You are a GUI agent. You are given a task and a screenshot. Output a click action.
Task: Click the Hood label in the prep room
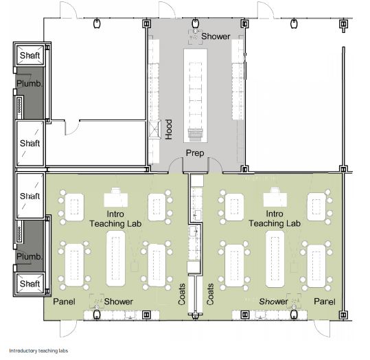pos(168,129)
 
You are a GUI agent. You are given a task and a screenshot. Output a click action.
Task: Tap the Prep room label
pos(195,153)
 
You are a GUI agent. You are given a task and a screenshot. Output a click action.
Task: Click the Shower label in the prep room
pos(216,36)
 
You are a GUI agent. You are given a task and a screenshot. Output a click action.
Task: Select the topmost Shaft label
pos(30,56)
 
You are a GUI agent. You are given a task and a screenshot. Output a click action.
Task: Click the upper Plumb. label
pos(30,83)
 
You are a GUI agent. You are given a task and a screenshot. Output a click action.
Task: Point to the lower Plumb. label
pos(30,256)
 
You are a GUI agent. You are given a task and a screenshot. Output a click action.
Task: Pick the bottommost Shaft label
pos(30,284)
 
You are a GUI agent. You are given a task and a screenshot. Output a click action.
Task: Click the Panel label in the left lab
pos(64,302)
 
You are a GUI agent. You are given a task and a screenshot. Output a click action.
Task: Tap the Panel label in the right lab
pos(325,302)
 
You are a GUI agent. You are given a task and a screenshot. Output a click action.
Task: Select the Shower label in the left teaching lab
pos(119,302)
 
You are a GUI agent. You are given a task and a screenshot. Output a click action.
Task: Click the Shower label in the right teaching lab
pos(273,302)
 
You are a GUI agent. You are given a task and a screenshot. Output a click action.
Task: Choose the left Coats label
pos(182,294)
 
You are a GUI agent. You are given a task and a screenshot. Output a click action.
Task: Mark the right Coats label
pos(210,294)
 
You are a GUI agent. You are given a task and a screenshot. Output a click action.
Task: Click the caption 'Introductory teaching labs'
pos(38,351)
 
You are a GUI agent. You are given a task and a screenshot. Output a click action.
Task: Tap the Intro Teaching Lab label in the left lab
pos(115,218)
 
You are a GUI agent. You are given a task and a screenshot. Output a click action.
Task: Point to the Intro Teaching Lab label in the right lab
pos(275,218)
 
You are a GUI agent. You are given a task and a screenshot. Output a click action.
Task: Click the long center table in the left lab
pos(115,258)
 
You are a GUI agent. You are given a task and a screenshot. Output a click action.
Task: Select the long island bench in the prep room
pos(196,95)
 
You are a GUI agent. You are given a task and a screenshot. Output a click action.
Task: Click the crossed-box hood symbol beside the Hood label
pos(155,129)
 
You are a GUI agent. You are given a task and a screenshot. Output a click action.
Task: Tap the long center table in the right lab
pos(275,259)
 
